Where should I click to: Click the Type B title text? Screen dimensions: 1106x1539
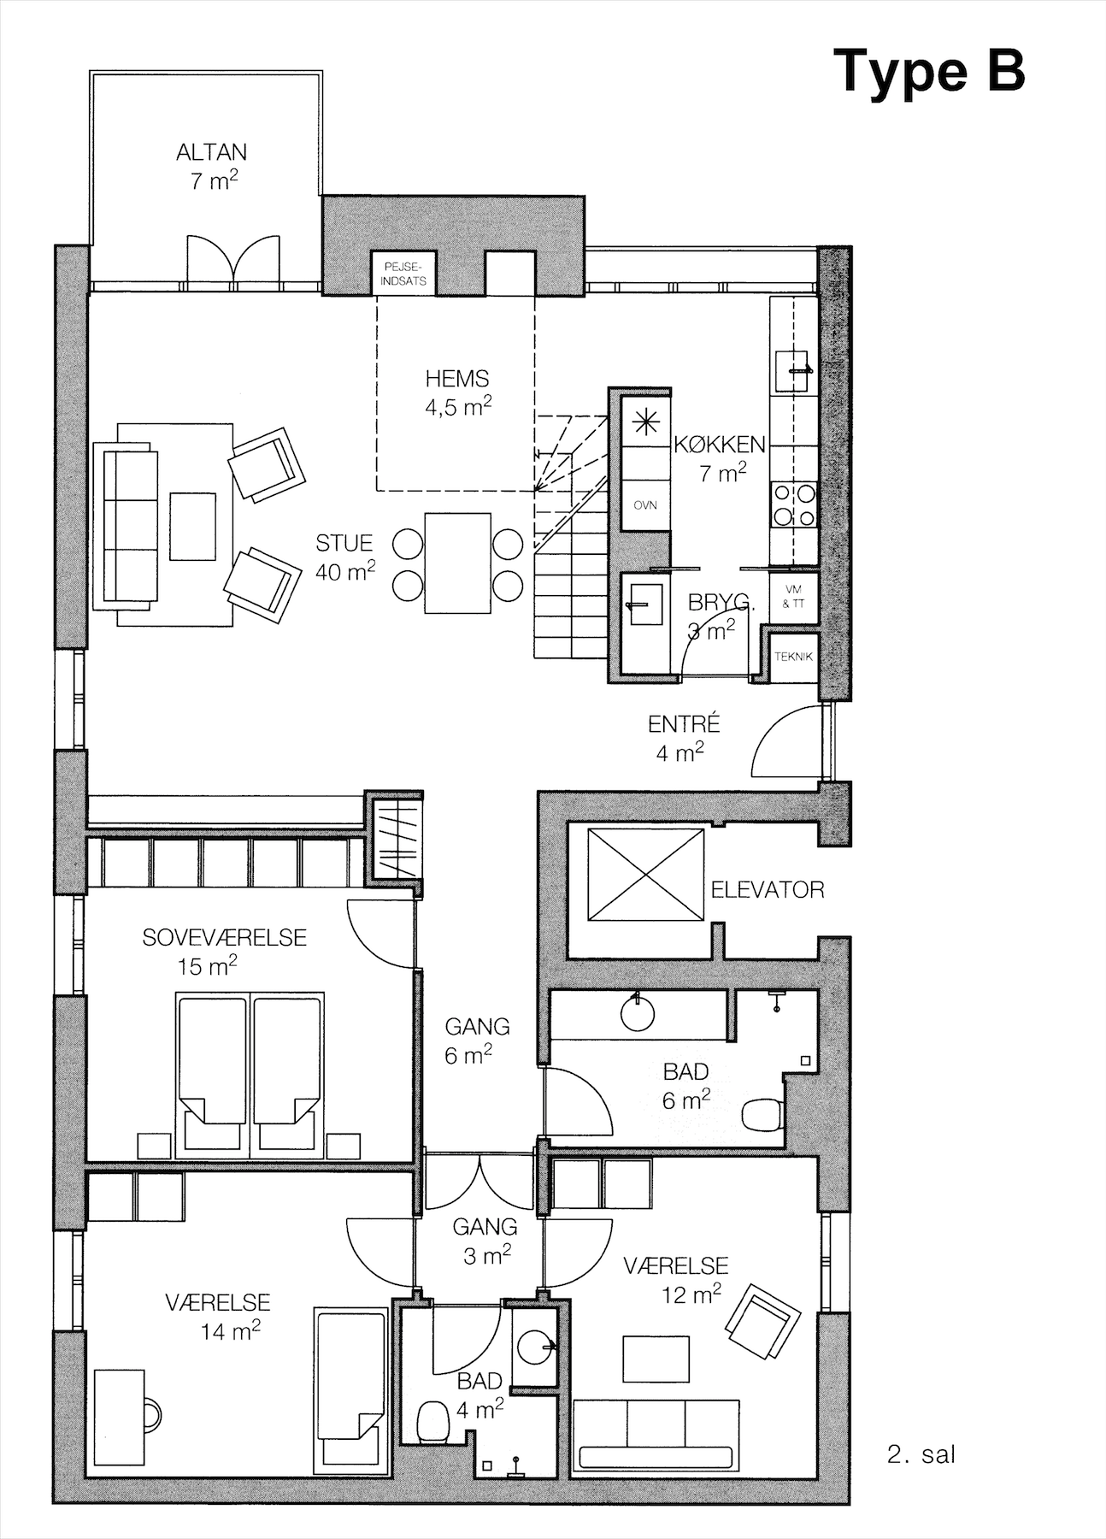click(929, 71)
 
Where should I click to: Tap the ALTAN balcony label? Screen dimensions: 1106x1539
click(211, 152)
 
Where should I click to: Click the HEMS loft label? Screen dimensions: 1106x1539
click(457, 378)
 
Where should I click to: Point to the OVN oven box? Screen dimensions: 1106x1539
click(645, 504)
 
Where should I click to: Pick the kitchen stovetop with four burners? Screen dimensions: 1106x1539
click(794, 504)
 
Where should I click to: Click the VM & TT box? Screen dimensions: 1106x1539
click(793, 597)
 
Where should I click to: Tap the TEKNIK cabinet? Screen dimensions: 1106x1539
click(793, 657)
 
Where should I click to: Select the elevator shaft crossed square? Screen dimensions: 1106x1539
click(645, 875)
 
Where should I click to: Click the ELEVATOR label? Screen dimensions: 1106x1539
click(768, 890)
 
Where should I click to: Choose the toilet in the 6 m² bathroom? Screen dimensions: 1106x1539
click(762, 1115)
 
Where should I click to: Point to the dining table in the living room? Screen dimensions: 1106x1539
click(457, 563)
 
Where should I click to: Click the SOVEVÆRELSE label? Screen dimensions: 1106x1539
click(224, 937)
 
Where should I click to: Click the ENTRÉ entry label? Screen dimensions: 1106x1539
click(684, 724)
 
